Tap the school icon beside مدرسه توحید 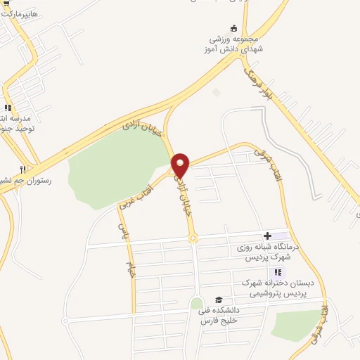click(x=8, y=108)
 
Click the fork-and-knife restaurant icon click(x=22, y=169)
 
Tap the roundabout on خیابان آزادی click(x=193, y=239)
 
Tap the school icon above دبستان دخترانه click(x=278, y=272)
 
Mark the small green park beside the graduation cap click(x=197, y=304)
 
